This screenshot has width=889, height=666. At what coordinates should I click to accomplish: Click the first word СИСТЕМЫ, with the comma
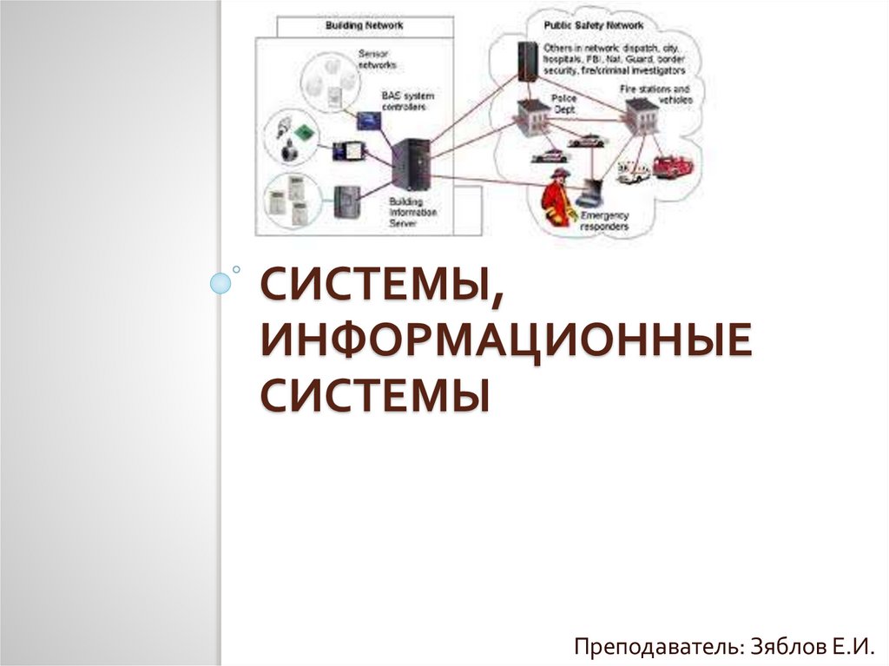[x=383, y=287]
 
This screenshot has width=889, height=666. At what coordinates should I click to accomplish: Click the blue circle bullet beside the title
[x=222, y=282]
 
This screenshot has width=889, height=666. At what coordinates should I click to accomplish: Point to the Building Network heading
[x=364, y=26]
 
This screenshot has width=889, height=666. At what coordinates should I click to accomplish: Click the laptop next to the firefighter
[x=595, y=189]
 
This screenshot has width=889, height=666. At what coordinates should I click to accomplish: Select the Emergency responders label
[x=604, y=221]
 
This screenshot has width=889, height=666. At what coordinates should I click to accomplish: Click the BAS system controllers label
[x=407, y=101]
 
